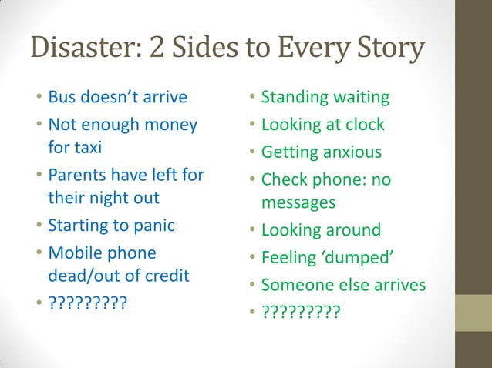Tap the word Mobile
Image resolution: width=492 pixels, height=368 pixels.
(x=74, y=253)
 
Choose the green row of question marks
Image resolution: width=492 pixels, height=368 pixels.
(x=301, y=313)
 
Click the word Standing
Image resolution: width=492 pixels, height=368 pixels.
(x=295, y=98)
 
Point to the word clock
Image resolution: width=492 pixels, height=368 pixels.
(x=363, y=125)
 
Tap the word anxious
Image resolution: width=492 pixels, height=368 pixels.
(x=352, y=152)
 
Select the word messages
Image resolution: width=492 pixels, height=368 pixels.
(x=298, y=202)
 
